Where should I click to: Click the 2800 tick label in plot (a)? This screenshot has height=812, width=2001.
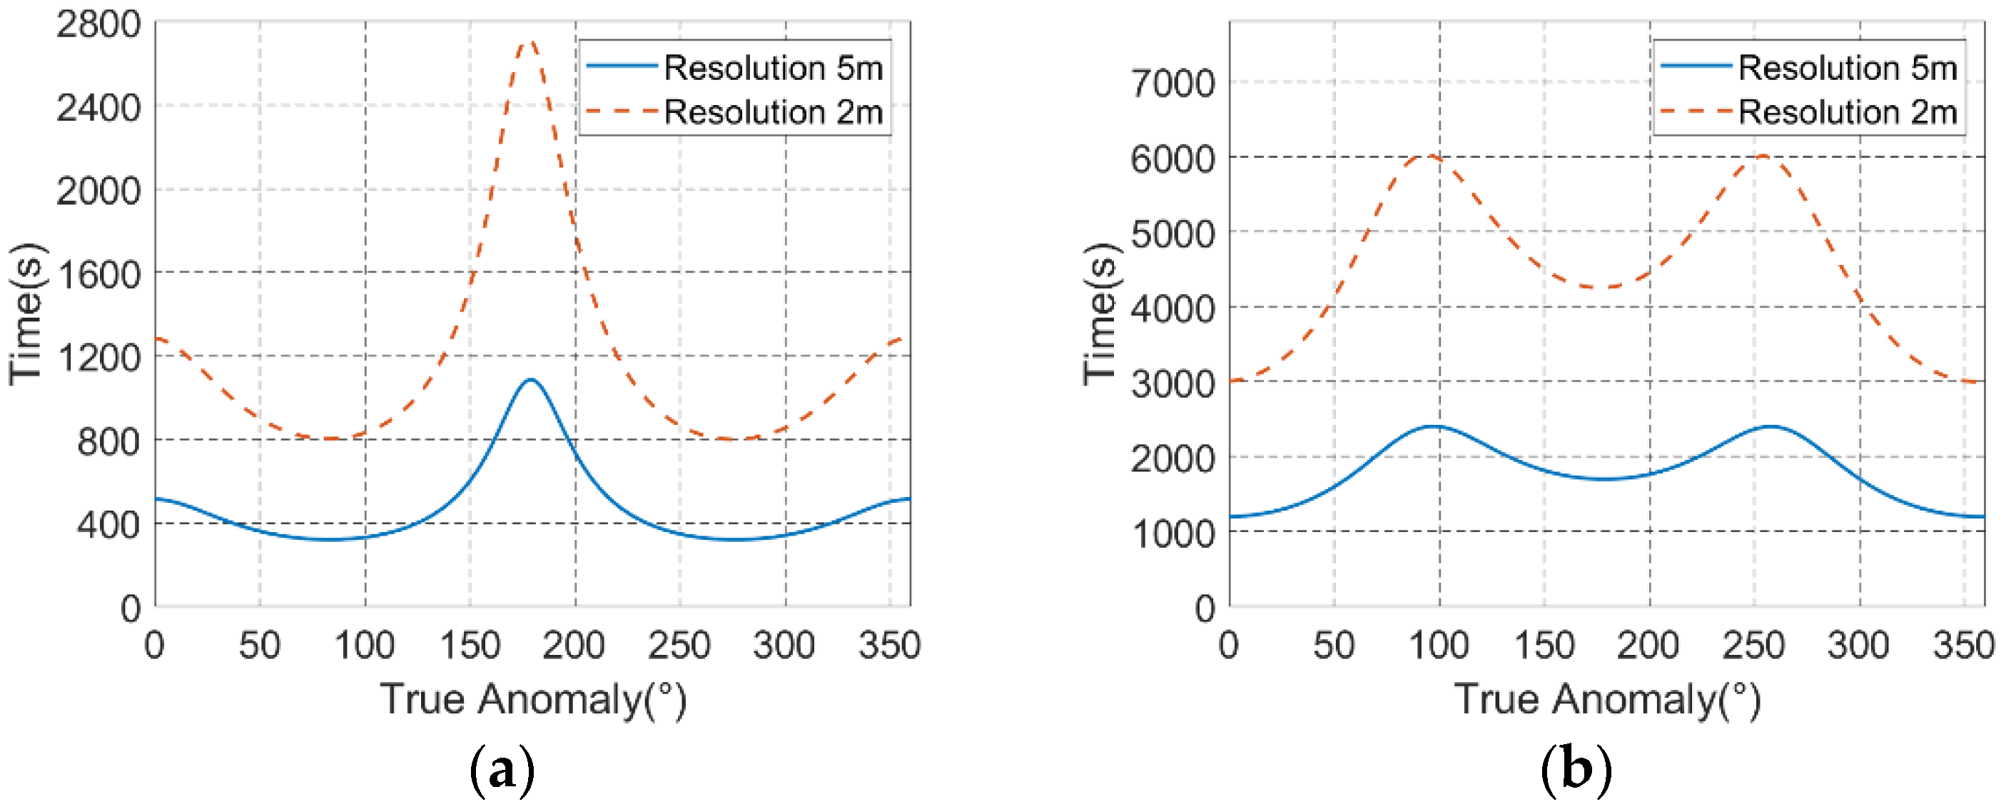pyautogui.click(x=98, y=25)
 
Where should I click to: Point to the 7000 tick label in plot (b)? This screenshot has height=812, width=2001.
pyautogui.click(x=1172, y=83)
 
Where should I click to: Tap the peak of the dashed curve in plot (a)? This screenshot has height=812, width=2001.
pyautogui.click(x=530, y=42)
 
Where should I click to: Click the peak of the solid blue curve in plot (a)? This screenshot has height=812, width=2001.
pyautogui.click(x=530, y=380)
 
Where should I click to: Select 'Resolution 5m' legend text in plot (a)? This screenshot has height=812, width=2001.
pyautogui.click(x=773, y=69)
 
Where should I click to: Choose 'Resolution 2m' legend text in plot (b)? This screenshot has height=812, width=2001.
pyautogui.click(x=1846, y=113)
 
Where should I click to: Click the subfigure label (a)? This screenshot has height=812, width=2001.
pyautogui.click(x=502, y=769)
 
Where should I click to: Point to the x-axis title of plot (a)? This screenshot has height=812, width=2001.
pyautogui.click(x=533, y=698)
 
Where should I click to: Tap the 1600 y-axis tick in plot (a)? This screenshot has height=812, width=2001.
pyautogui.click(x=98, y=274)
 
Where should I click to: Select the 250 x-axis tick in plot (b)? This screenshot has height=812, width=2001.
pyautogui.click(x=1753, y=646)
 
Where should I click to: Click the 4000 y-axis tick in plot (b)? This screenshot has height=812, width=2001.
pyautogui.click(x=1172, y=309)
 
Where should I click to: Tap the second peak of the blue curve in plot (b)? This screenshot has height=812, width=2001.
pyautogui.click(x=1771, y=426)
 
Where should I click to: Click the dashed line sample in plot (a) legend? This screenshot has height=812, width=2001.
pyautogui.click(x=622, y=112)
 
